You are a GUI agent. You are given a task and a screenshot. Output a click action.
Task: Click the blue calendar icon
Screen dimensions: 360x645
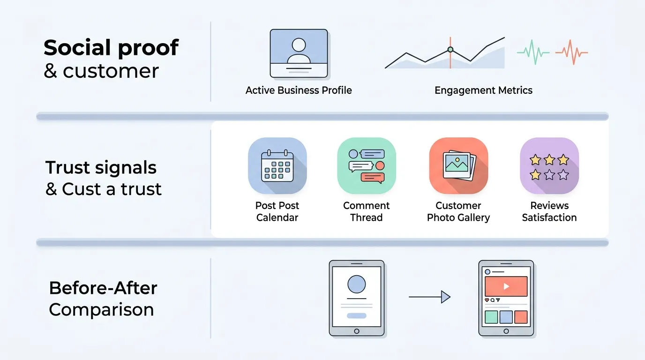point(277,166)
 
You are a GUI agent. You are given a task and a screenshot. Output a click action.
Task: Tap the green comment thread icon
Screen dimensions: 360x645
point(367,166)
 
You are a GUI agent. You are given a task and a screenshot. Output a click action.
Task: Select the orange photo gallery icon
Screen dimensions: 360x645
point(458,166)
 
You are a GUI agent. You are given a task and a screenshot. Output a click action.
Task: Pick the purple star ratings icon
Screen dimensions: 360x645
point(549,166)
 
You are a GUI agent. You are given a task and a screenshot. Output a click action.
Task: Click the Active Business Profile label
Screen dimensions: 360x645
point(299,90)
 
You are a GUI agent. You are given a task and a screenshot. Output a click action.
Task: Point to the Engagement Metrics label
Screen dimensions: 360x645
point(483,90)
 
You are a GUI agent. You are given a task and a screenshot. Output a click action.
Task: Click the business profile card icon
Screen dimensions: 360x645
point(299,53)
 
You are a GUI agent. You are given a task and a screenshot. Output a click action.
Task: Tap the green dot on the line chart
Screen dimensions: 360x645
point(450,49)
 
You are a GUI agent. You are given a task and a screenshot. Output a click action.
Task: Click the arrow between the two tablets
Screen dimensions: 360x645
point(429,297)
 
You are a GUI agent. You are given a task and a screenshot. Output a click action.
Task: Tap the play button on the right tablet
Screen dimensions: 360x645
point(506,286)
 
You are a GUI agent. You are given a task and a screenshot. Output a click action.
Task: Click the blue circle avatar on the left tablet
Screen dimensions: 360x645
point(356,284)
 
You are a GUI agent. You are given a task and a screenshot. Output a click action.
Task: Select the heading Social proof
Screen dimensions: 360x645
point(111,48)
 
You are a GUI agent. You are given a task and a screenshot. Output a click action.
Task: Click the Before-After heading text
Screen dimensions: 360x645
point(103,288)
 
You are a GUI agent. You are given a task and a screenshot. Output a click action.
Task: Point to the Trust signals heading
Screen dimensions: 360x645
point(101,168)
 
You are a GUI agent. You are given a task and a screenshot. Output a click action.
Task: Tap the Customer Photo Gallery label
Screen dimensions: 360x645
point(458,211)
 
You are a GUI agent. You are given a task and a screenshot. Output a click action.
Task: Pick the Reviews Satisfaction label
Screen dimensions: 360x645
point(549,211)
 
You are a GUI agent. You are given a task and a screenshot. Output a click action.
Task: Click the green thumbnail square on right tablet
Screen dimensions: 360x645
point(491,317)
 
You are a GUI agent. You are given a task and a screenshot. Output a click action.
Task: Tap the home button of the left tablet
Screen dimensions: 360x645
point(356,331)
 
